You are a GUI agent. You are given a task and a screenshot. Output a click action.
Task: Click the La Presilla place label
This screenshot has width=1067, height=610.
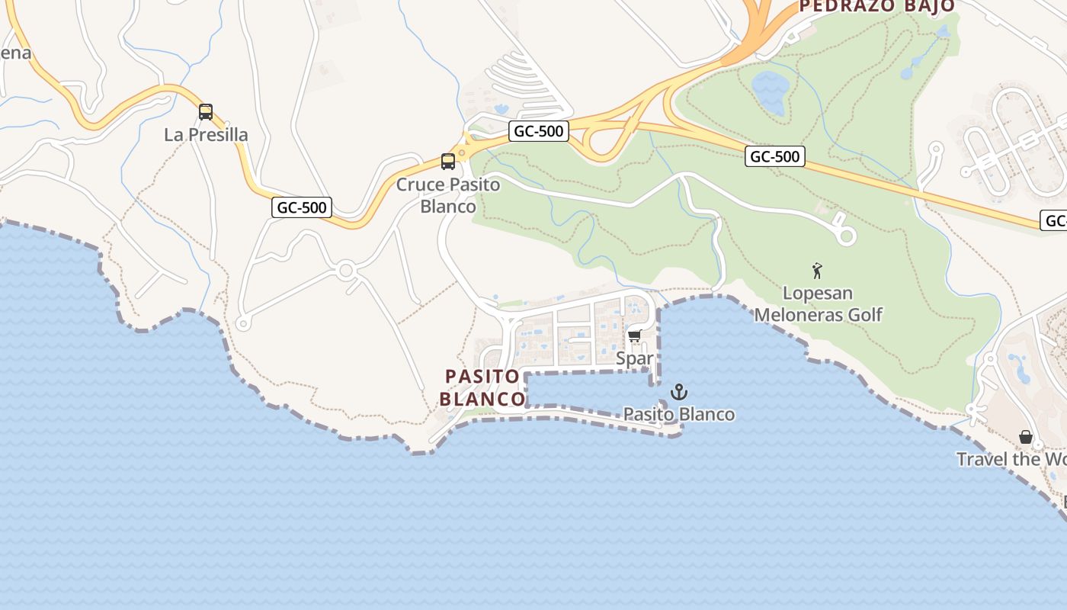(206, 135)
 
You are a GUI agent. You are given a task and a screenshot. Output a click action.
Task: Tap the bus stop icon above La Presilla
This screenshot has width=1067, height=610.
(206, 112)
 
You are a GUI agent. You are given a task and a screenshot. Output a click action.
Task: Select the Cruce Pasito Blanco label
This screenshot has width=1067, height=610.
(448, 195)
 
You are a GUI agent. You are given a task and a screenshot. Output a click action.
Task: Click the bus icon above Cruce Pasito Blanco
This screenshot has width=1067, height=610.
(448, 162)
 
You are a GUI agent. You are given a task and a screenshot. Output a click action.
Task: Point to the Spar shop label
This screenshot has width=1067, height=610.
(634, 358)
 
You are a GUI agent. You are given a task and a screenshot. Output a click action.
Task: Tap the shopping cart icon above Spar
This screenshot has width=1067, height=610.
(634, 335)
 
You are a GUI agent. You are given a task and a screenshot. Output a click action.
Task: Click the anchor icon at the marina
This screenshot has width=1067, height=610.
(678, 393)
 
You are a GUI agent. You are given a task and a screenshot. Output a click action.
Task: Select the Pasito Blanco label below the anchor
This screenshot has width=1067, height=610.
(679, 414)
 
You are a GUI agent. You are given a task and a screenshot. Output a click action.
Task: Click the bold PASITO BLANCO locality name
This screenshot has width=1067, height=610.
(482, 387)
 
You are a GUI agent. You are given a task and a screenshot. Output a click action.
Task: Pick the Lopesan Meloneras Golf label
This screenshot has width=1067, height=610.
(818, 303)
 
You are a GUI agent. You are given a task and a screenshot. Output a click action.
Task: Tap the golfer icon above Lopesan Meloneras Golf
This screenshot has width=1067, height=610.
(817, 271)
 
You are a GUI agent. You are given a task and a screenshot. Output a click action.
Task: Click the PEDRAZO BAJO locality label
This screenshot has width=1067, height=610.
(876, 6)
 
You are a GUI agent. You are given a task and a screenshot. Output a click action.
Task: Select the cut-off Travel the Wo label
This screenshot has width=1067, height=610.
(1011, 459)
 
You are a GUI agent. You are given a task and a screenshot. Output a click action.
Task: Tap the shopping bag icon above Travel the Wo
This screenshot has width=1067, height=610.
(1026, 437)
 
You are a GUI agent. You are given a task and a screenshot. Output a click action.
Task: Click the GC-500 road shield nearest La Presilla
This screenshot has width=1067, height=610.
(302, 207)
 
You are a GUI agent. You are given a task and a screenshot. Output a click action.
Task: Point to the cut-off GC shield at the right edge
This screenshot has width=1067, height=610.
(1055, 220)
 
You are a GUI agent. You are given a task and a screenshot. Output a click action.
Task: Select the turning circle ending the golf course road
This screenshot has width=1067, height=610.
(846, 236)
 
